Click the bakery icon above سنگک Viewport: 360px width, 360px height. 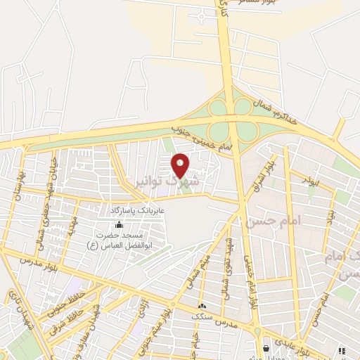click(202, 306)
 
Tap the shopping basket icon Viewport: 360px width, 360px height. click(266, 347)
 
